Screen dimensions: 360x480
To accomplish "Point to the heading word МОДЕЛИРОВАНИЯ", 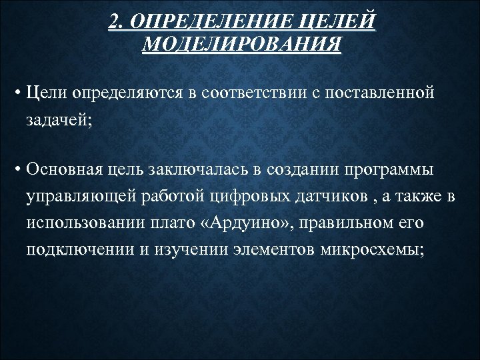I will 241,45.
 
